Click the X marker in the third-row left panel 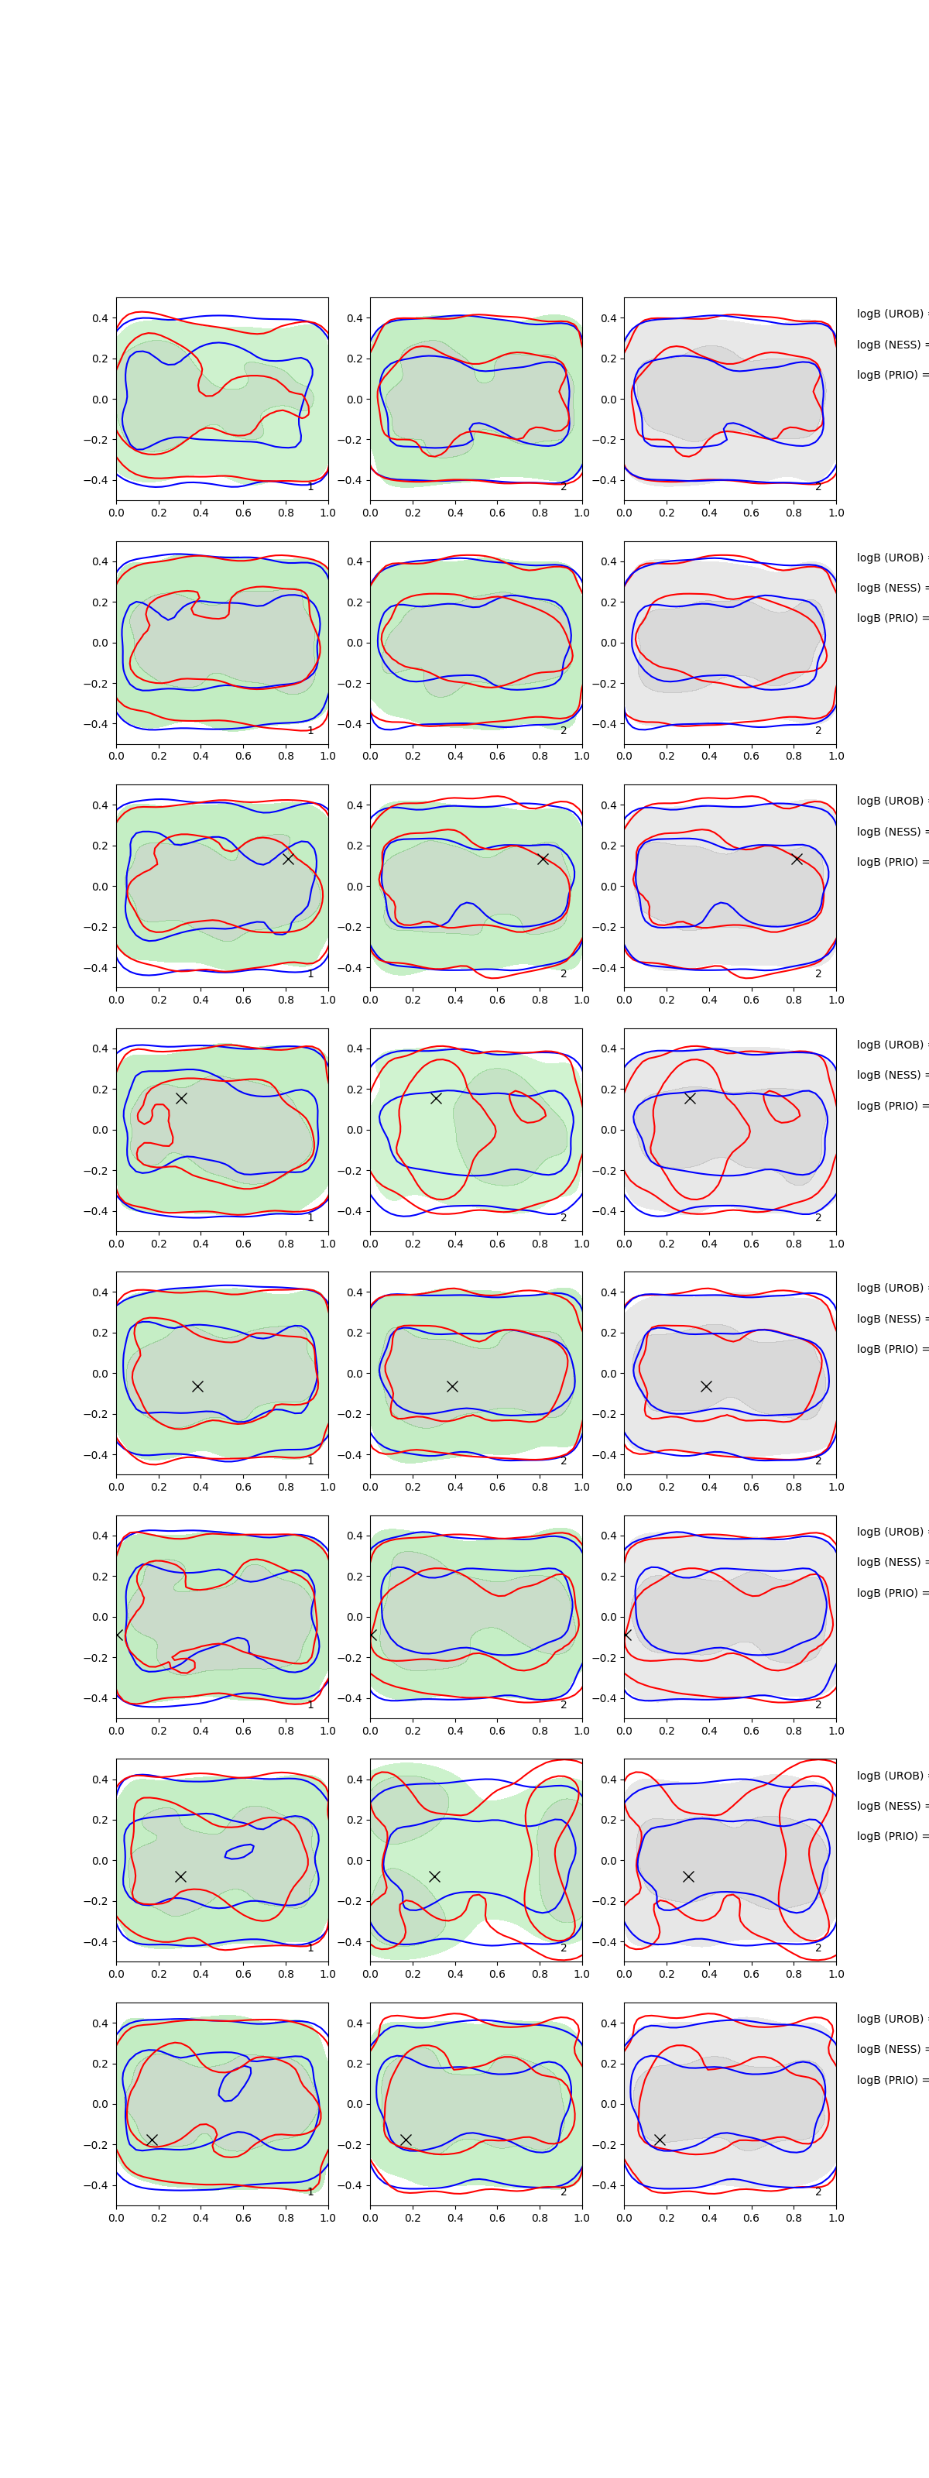pyautogui.click(x=287, y=859)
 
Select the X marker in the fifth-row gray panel pyautogui.click(x=706, y=1386)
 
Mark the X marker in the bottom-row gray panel pyautogui.click(x=660, y=2140)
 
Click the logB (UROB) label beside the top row pyautogui.click(x=890, y=314)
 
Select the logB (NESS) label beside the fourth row pyautogui.click(x=890, y=1075)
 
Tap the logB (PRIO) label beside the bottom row pyautogui.click(x=890, y=2080)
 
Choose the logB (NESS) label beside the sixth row pyautogui.click(x=890, y=1562)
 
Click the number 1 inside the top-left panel pyautogui.click(x=310, y=487)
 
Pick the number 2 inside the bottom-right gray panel pyautogui.click(x=818, y=2192)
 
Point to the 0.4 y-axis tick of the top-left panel pyautogui.click(x=100, y=318)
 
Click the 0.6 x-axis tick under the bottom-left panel pyautogui.click(x=243, y=2217)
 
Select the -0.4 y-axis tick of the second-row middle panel pyautogui.click(x=351, y=724)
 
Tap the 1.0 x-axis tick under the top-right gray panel pyautogui.click(x=836, y=513)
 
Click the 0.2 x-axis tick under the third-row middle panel pyautogui.click(x=413, y=1000)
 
